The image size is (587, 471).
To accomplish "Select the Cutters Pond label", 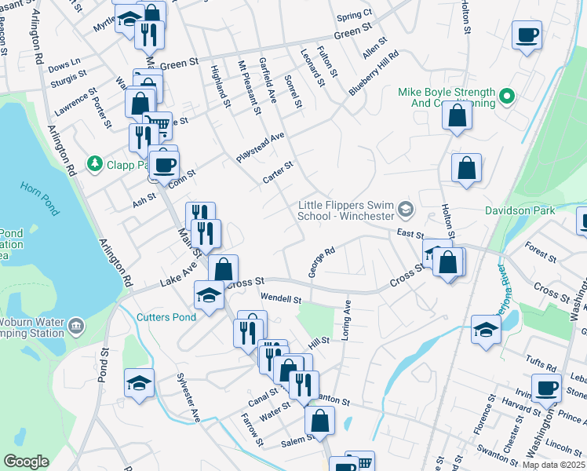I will pos(164,317).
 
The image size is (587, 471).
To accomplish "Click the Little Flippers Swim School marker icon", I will pos(405,208).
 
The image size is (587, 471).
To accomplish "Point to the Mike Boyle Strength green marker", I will pos(507,97).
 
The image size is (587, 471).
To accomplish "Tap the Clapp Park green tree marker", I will pos(95,163).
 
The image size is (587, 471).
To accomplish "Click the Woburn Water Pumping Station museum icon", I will pos(76,326).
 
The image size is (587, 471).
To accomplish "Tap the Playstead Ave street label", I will pos(260,148).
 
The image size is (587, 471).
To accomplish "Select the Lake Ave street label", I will pos(178,276).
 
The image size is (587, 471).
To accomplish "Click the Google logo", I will pos(26,462).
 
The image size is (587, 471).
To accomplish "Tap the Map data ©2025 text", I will pos(553,465).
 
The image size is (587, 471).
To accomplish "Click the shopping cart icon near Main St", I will pos(158,125).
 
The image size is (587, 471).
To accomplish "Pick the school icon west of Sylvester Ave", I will pos(138,383).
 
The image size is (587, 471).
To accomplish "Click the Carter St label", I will pos(278,173).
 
